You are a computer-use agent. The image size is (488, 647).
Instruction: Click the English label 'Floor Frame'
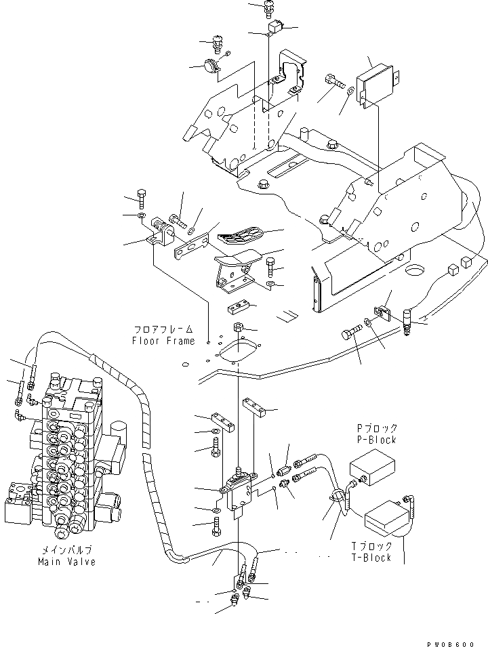click(163, 341)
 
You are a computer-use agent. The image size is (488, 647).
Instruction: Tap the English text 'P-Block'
click(377, 440)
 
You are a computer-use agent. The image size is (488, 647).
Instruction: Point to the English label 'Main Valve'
click(66, 562)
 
